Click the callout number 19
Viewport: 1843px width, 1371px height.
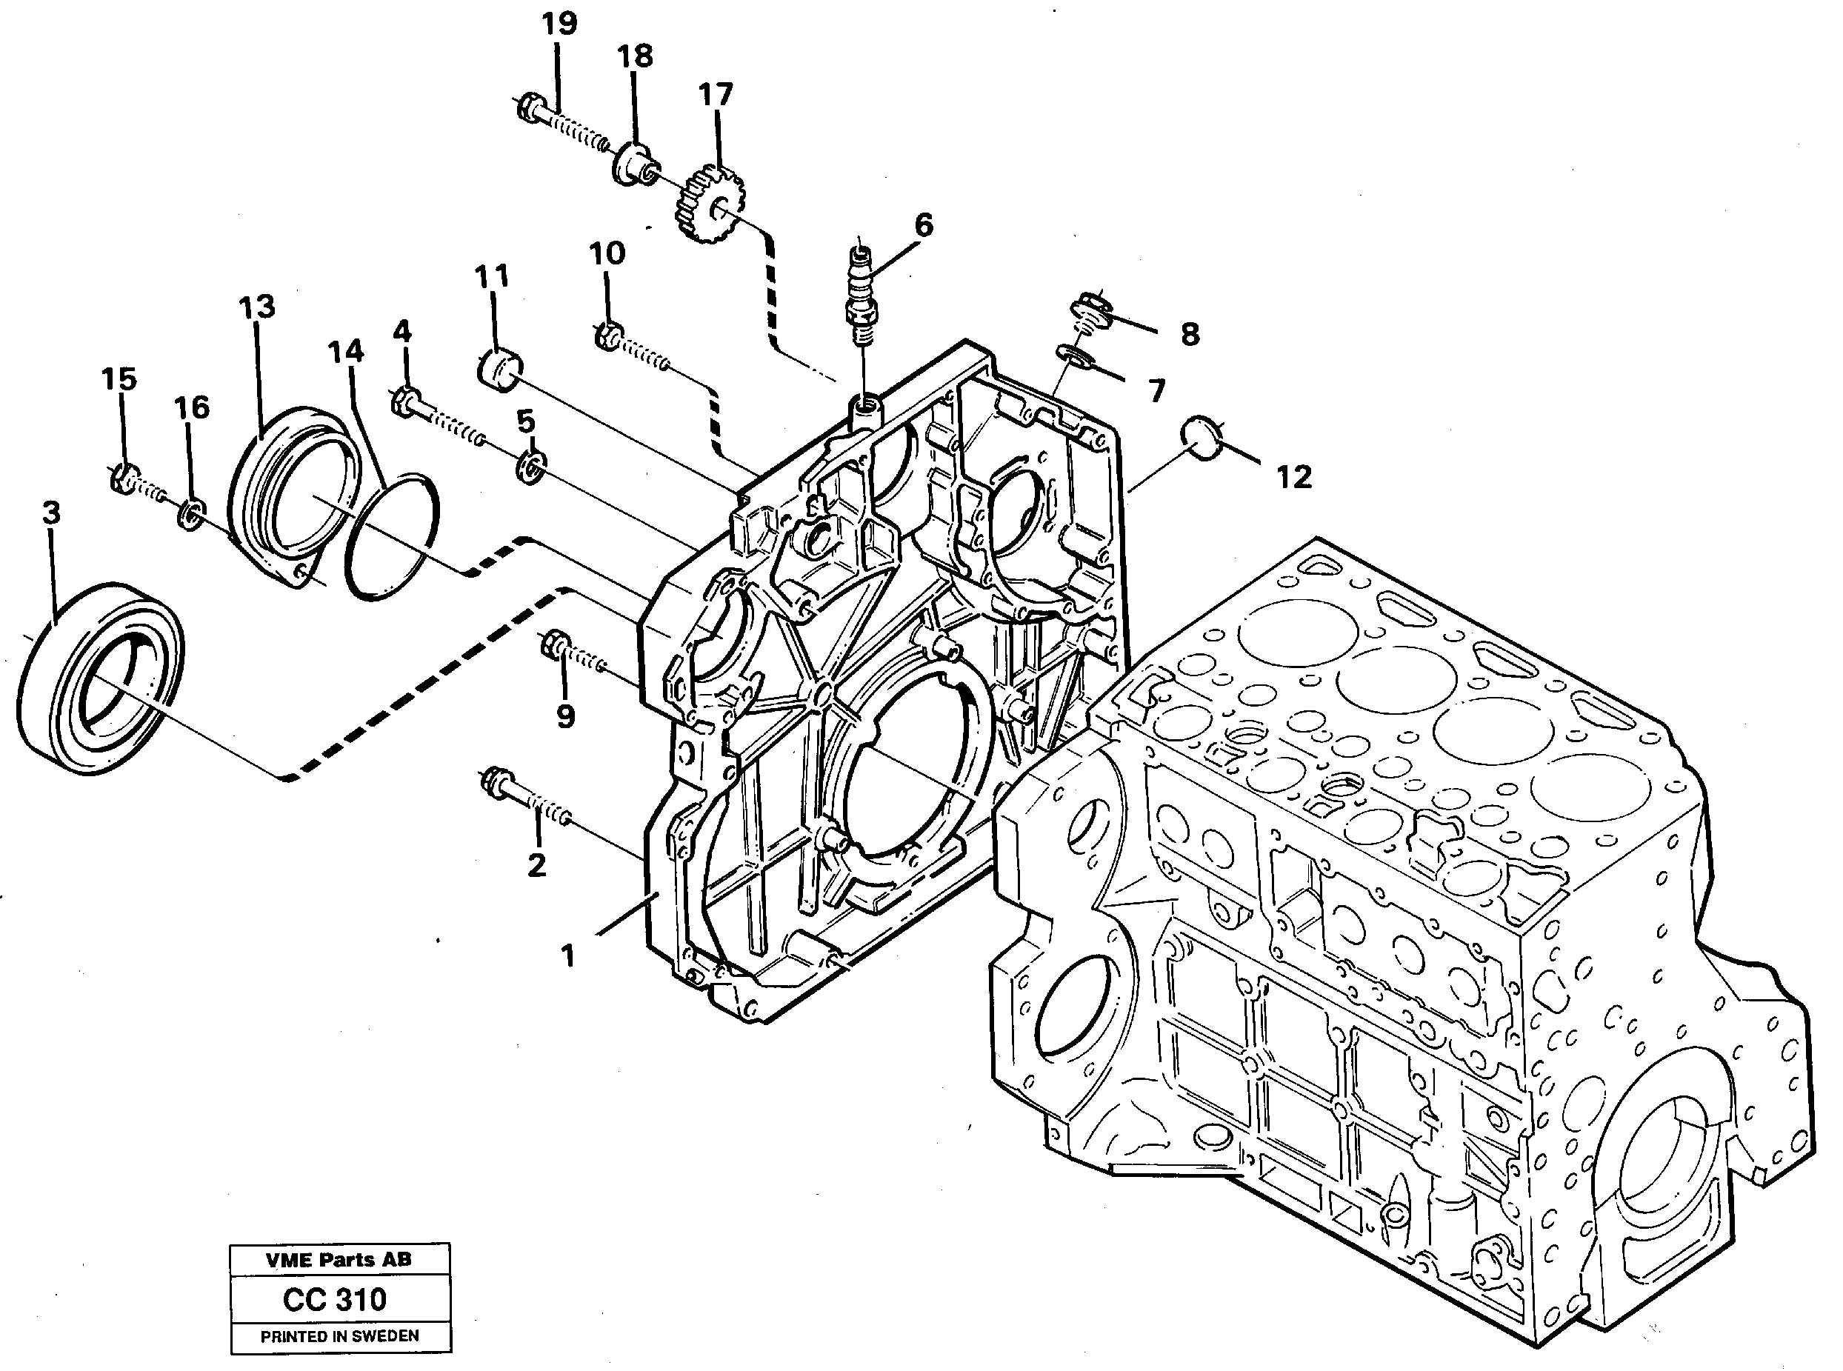click(x=559, y=23)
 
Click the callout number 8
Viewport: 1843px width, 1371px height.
click(x=1189, y=335)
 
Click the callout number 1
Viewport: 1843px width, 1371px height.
click(x=567, y=956)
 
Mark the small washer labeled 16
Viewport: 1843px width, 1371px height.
click(x=191, y=515)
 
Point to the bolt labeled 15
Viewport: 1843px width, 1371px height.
click(x=125, y=478)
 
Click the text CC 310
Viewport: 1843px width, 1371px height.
click(x=334, y=1299)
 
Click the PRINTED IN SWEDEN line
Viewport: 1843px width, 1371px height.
click(x=339, y=1336)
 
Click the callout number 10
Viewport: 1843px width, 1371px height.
click(x=607, y=253)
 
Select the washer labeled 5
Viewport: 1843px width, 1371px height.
click(x=530, y=467)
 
